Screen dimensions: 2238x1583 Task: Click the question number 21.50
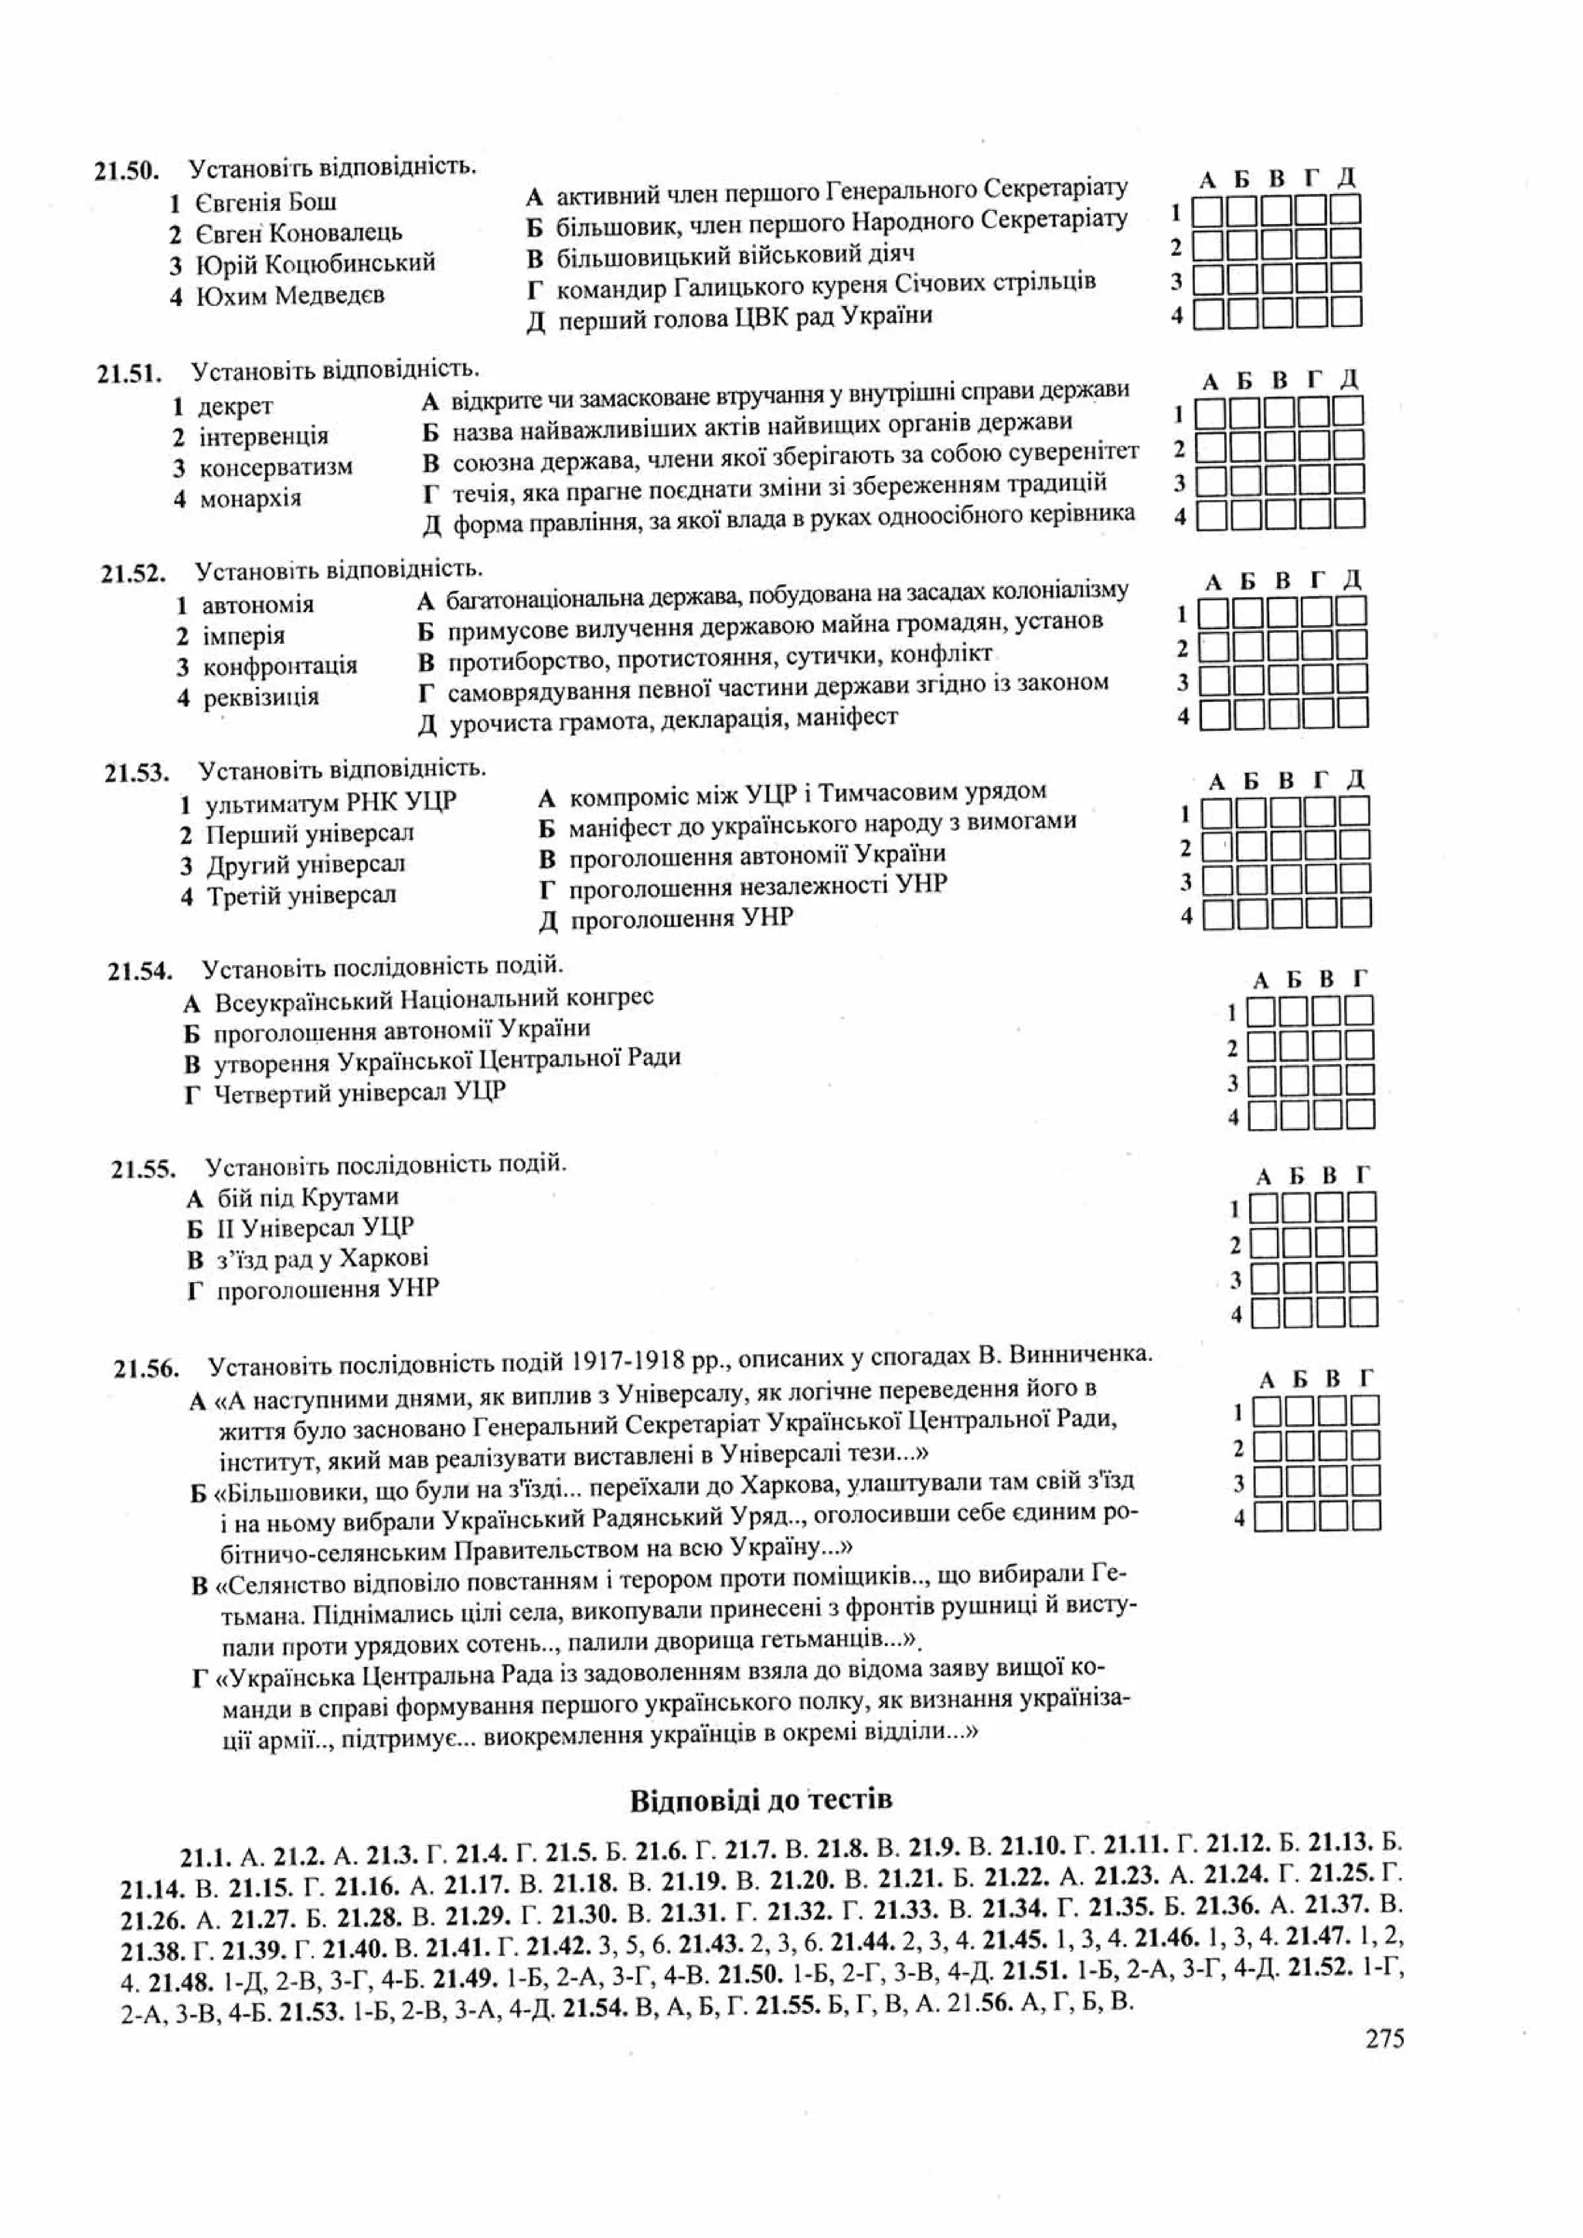(126, 171)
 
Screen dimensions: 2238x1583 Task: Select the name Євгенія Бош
(265, 202)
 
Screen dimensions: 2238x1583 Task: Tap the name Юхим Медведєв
(290, 294)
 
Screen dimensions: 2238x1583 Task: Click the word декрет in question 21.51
(235, 406)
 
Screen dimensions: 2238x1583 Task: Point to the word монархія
(250, 499)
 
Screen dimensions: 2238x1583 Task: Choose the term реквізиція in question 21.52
(260, 698)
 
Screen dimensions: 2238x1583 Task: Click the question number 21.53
(137, 773)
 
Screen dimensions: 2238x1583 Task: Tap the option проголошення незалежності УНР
(757, 886)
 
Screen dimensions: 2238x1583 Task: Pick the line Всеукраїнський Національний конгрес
(434, 999)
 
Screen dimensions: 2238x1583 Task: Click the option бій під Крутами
(307, 1197)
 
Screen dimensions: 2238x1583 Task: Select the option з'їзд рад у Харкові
(322, 1258)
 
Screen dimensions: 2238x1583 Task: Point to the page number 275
(1384, 2038)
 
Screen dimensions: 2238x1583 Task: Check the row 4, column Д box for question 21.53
(1356, 914)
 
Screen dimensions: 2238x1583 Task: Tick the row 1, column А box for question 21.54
(1261, 1012)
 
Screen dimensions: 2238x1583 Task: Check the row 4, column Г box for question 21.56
(1366, 1517)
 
